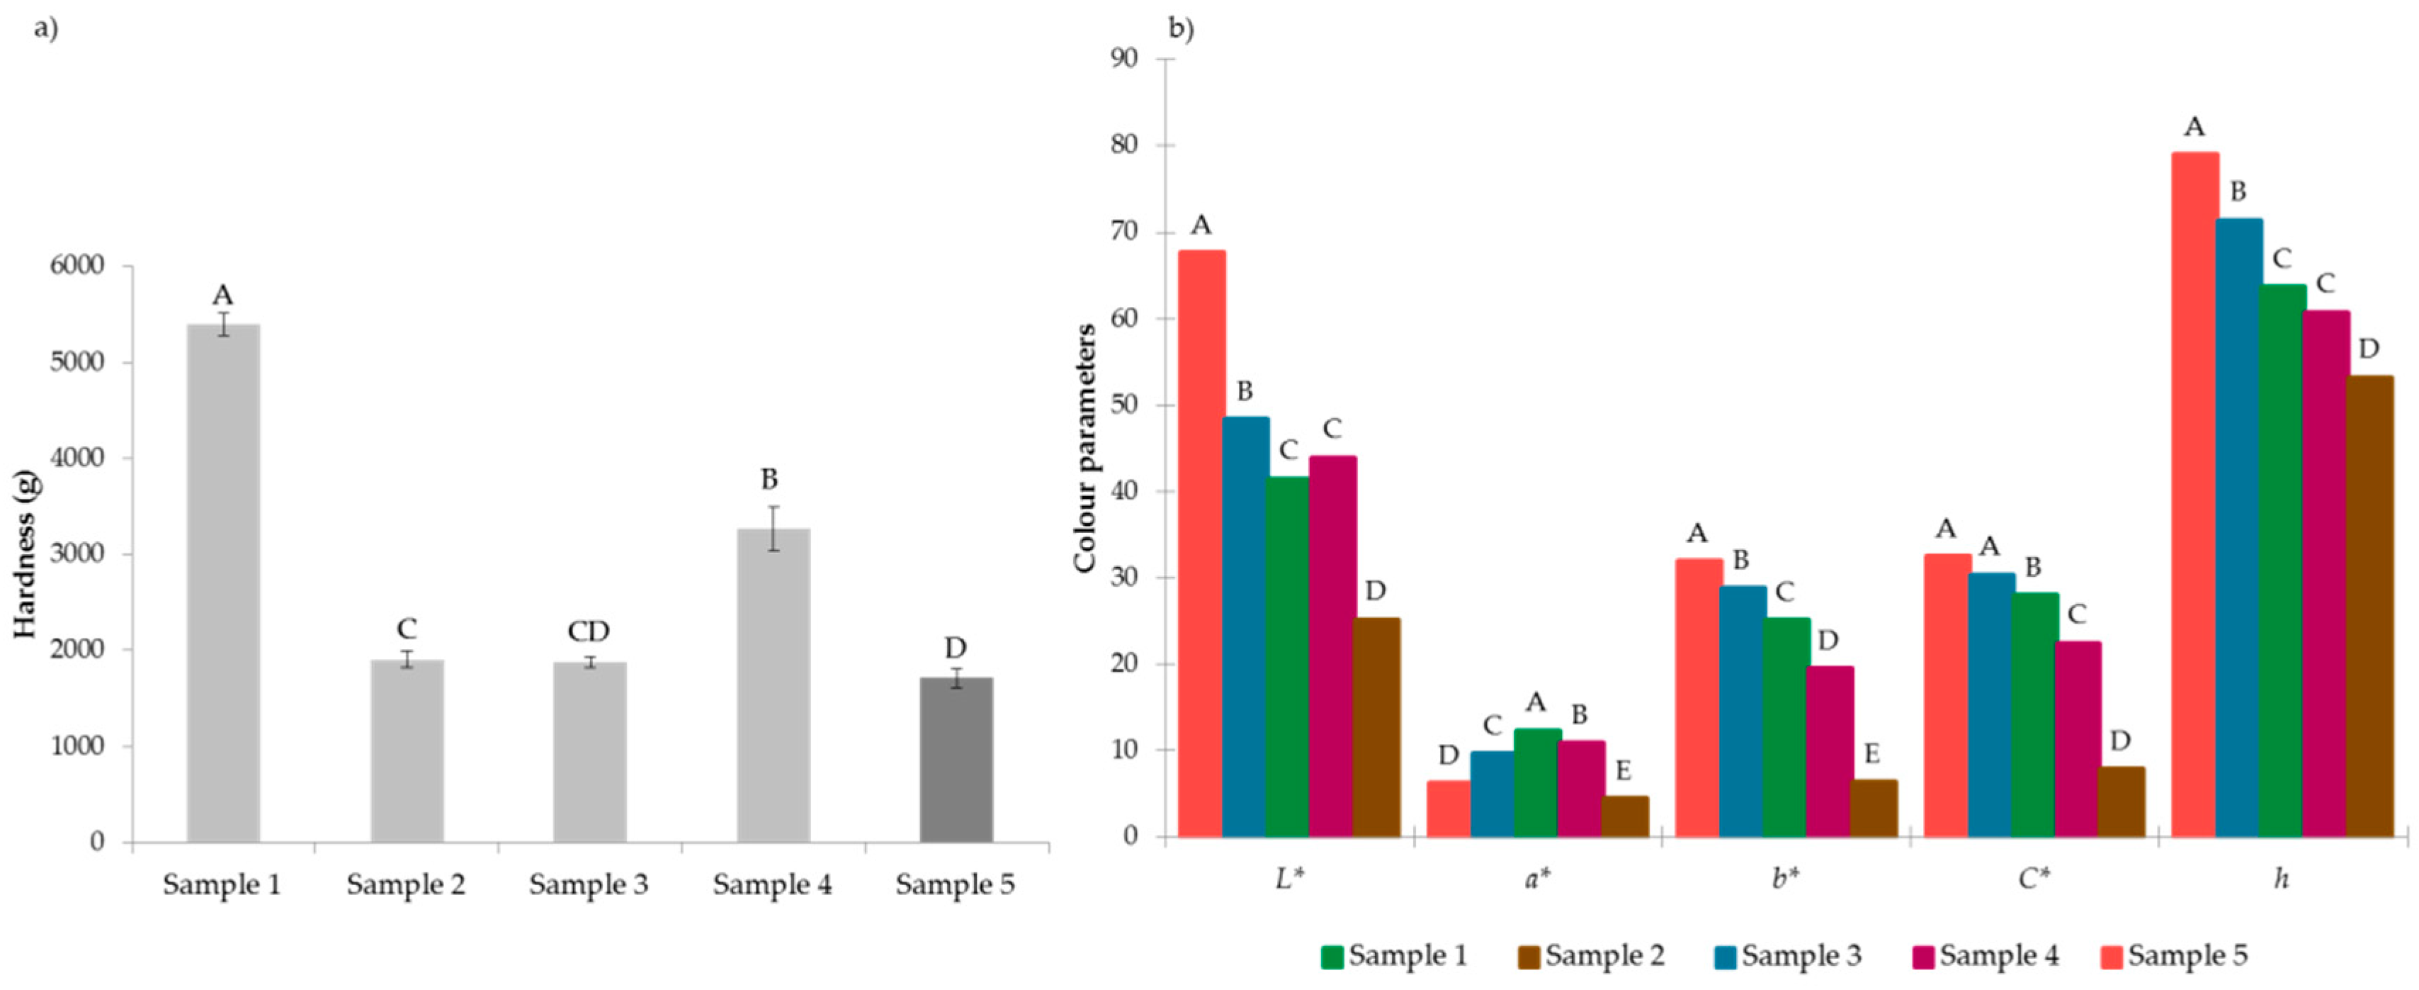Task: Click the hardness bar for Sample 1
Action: pos(224,583)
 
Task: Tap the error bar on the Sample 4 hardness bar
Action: pos(774,529)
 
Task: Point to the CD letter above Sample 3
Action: pos(589,631)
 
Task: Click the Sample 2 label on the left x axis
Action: pos(406,885)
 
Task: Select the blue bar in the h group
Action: pos(2238,526)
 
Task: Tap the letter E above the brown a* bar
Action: pos(1623,771)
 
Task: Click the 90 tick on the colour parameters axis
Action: pos(1124,60)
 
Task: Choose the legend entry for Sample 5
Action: pos(2174,956)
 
